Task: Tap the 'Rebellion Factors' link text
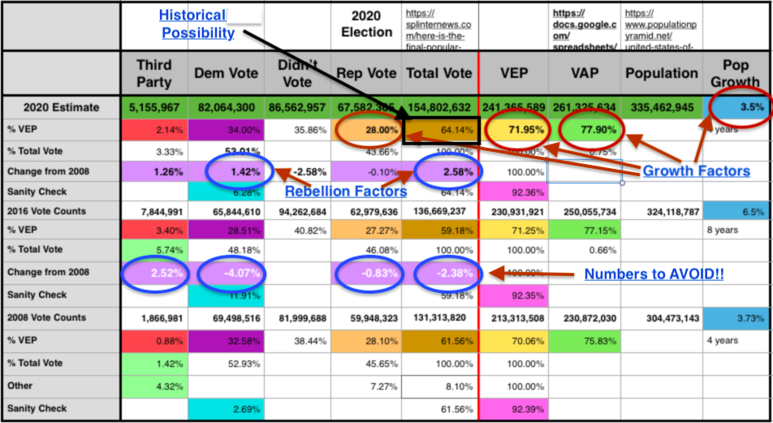click(344, 191)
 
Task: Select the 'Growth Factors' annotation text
click(696, 170)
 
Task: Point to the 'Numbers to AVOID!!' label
click(654, 274)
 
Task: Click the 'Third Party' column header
click(154, 73)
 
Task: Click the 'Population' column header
click(661, 73)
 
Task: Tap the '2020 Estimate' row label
click(61, 107)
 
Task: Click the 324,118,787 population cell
click(661, 211)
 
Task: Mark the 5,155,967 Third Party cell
click(154, 107)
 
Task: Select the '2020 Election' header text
click(367, 24)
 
